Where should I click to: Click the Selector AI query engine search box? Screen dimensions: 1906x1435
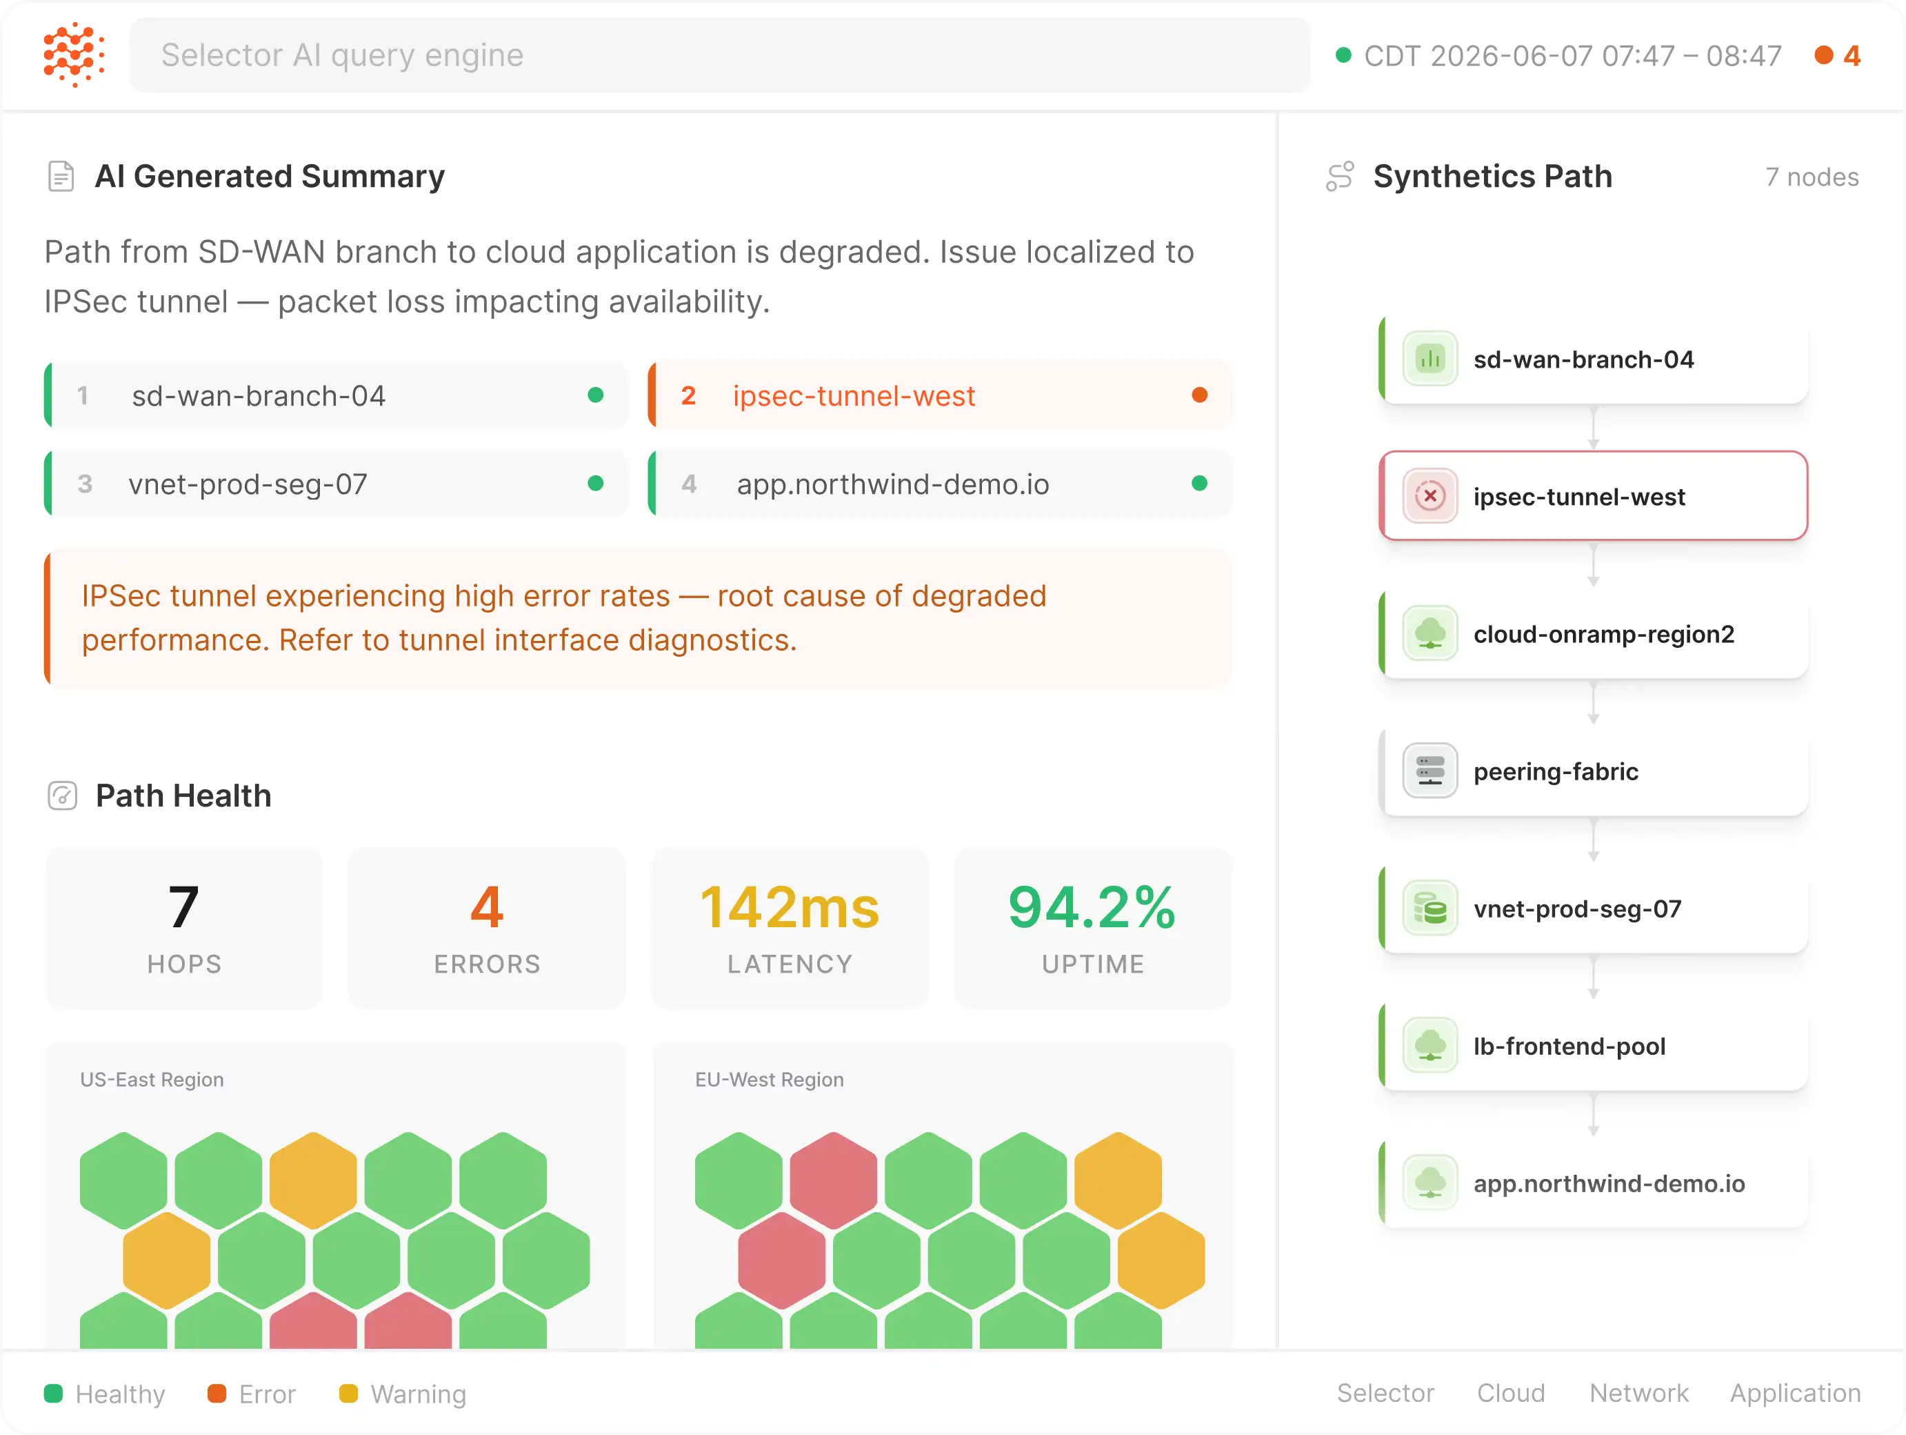tap(719, 55)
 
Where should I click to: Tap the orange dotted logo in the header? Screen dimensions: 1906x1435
tap(74, 55)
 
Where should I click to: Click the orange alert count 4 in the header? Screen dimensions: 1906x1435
tap(1852, 56)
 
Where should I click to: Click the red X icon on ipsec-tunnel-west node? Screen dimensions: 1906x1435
tap(1429, 497)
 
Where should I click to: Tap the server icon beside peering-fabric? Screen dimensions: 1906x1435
tap(1429, 771)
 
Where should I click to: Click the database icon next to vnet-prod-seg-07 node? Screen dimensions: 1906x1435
tap(1429, 909)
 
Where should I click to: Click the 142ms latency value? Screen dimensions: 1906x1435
tap(790, 907)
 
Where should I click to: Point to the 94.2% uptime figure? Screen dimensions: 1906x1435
tap(1092, 907)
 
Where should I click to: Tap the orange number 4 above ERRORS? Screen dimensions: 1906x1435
tap(487, 907)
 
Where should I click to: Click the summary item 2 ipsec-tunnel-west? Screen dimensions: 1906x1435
tap(939, 395)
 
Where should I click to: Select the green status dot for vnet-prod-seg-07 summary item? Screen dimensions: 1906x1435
tap(595, 484)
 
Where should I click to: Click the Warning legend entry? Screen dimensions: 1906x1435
tap(403, 1394)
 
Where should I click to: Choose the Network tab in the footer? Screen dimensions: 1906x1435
tap(1639, 1393)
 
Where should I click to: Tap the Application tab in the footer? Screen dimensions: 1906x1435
tap(1796, 1394)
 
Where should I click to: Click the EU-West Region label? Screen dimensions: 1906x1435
tap(770, 1080)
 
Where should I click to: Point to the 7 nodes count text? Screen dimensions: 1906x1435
tap(1812, 177)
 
